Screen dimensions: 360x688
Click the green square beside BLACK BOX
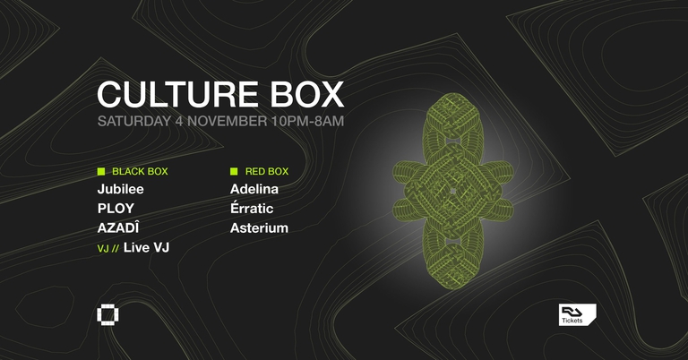[x=101, y=171]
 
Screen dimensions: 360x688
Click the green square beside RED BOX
[x=234, y=171]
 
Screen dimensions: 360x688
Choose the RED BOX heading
[x=267, y=171]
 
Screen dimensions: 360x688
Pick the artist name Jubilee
[x=121, y=189]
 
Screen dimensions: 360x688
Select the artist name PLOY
[x=116, y=209]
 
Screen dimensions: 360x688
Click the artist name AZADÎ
[x=120, y=227]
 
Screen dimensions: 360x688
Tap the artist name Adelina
[x=254, y=189]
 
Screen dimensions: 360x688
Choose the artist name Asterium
[x=260, y=228]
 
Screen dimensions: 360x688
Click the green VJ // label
[x=107, y=248]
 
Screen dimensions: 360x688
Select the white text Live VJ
[x=147, y=247]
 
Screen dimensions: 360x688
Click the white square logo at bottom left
[x=107, y=316]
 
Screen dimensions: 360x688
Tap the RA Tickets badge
[x=577, y=314]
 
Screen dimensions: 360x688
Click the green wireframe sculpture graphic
[x=452, y=190]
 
